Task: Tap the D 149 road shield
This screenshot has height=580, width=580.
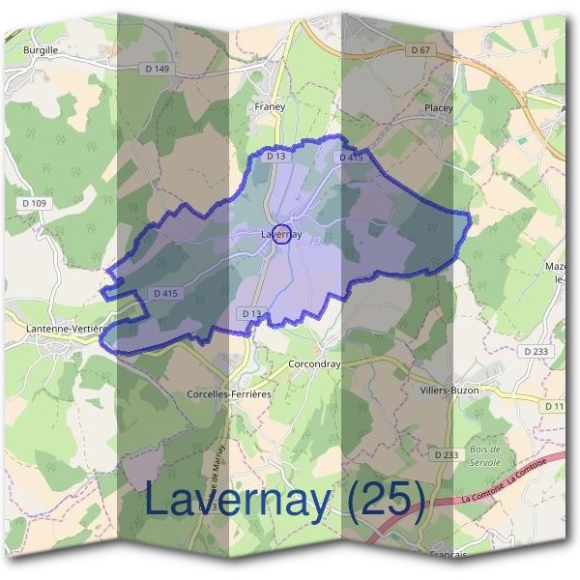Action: click(x=159, y=69)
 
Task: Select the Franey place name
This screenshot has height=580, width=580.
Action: click(x=270, y=106)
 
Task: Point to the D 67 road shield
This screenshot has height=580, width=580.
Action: click(x=420, y=49)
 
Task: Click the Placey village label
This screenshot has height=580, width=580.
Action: click(x=438, y=109)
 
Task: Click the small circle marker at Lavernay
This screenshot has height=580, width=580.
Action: click(x=281, y=234)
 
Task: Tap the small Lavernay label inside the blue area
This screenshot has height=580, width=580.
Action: click(x=281, y=234)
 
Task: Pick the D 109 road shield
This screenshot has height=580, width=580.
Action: click(x=32, y=202)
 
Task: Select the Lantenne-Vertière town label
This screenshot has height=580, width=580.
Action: click(x=58, y=329)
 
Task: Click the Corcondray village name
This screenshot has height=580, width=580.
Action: click(x=314, y=364)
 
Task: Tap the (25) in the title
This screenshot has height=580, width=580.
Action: click(x=387, y=500)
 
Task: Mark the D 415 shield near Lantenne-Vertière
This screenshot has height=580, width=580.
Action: click(x=165, y=293)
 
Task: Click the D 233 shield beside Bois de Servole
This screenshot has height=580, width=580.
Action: click(x=446, y=453)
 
